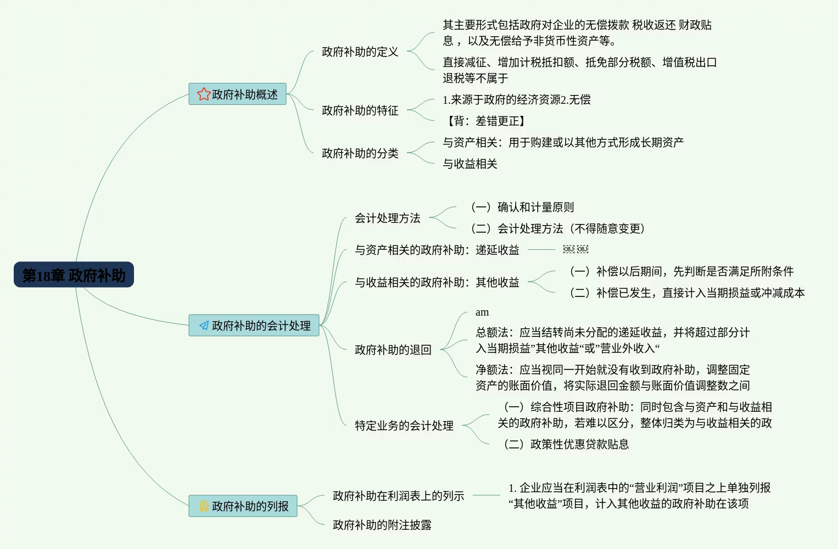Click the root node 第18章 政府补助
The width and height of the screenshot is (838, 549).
(x=74, y=274)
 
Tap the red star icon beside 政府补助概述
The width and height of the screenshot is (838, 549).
(x=204, y=94)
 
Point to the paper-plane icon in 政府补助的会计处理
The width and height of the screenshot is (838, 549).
(x=204, y=326)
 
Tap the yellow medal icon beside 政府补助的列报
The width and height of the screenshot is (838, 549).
(x=204, y=506)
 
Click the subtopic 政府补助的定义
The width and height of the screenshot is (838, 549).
(x=360, y=52)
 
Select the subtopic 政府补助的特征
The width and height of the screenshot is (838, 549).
(x=360, y=111)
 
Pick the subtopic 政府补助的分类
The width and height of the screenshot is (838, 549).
(x=360, y=154)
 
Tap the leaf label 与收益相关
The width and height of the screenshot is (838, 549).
(x=470, y=164)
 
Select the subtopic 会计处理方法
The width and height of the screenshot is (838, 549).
(x=387, y=219)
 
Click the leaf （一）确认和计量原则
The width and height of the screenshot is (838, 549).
(x=522, y=208)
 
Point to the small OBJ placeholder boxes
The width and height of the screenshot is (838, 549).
(x=576, y=250)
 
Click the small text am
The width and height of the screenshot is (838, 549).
(x=482, y=312)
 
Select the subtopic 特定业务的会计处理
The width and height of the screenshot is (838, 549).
(x=404, y=426)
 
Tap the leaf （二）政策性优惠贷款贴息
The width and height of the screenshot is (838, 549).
(x=566, y=445)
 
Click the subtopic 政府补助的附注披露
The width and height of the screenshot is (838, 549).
(x=382, y=525)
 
